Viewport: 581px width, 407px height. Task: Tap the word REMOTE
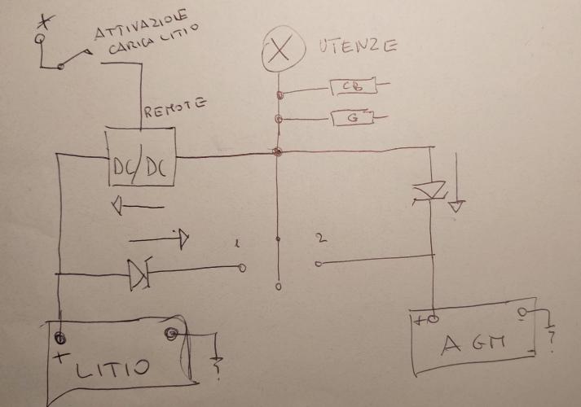click(x=174, y=108)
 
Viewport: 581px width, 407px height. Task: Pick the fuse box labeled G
click(x=353, y=119)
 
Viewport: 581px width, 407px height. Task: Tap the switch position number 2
click(x=321, y=238)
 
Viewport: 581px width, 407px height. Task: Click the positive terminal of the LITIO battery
click(x=59, y=335)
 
